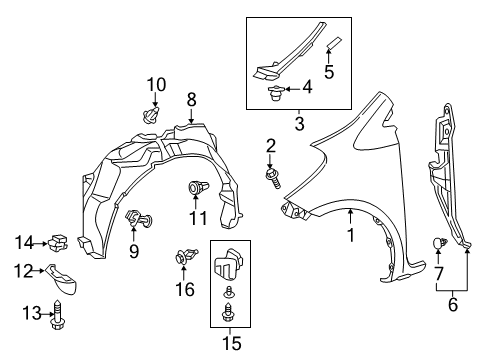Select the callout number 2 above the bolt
pyautogui.click(x=269, y=146)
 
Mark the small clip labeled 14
pyautogui.click(x=61, y=241)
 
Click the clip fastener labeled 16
pyautogui.click(x=181, y=258)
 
